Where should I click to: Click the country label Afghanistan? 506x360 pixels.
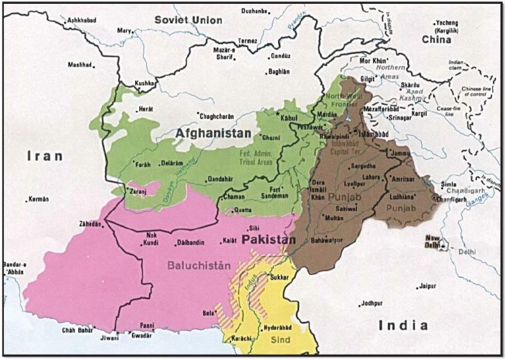tap(213, 134)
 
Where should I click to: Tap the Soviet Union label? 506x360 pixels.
tap(188, 20)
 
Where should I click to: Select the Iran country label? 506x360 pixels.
tap(45, 156)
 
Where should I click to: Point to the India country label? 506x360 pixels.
tap(404, 325)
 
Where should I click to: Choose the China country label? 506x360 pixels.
tap(437, 40)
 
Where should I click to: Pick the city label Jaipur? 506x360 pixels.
tap(428, 287)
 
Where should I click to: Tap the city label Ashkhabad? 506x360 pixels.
tap(82, 21)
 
